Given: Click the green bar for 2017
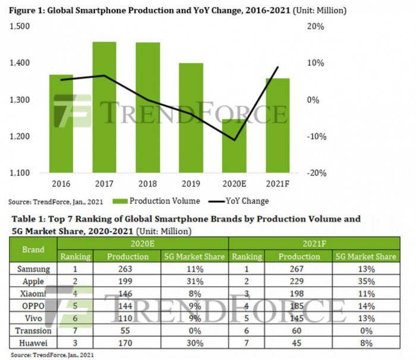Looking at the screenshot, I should [105, 107].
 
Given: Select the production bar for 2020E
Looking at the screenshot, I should [235, 149].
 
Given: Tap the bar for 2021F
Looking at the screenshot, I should [278, 125].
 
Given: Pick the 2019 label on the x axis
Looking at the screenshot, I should [191, 184].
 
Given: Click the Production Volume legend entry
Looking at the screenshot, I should [160, 201].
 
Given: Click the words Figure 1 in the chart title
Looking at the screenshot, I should [30, 11].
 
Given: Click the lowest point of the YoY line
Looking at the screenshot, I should [235, 141].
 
